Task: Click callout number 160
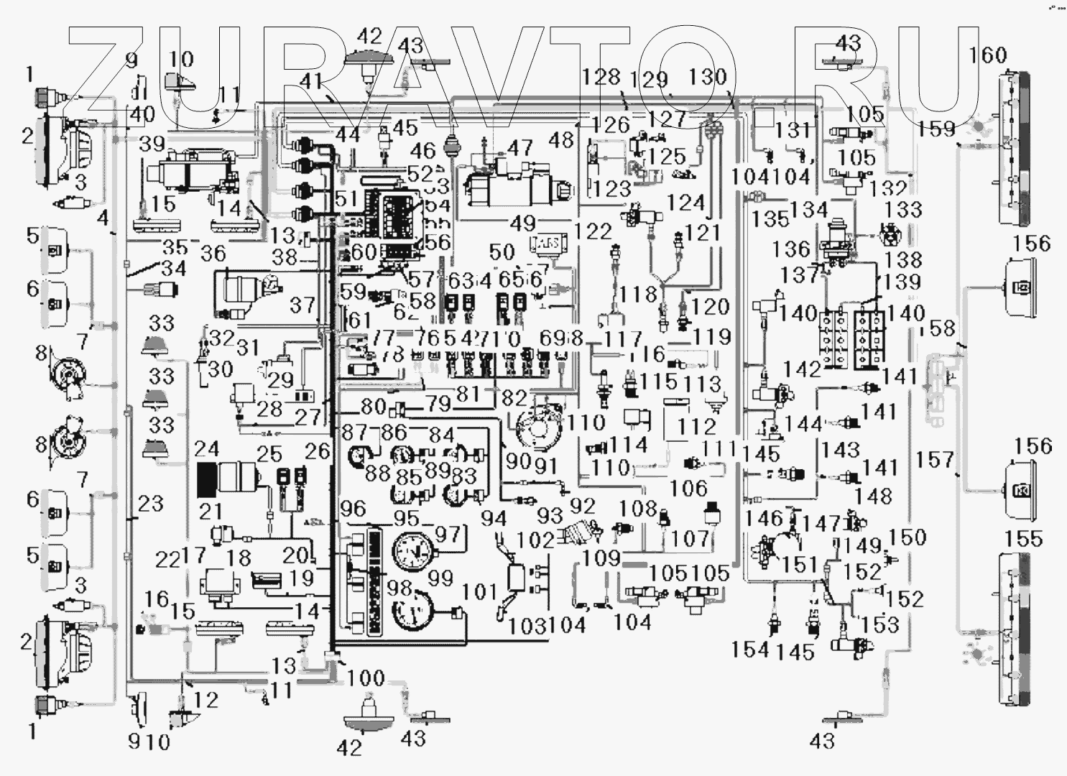[x=988, y=55]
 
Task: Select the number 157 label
[x=936, y=459]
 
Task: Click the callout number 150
[x=908, y=537]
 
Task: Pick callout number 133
[x=903, y=209]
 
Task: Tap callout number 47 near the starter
[x=519, y=149]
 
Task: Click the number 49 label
[x=522, y=224]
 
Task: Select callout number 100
[x=366, y=678]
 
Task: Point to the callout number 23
[x=151, y=504]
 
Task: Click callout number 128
[x=601, y=76]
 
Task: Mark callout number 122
[x=594, y=231]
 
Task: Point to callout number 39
[x=152, y=144]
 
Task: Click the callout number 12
[x=205, y=699]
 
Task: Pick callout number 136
[x=791, y=249]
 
